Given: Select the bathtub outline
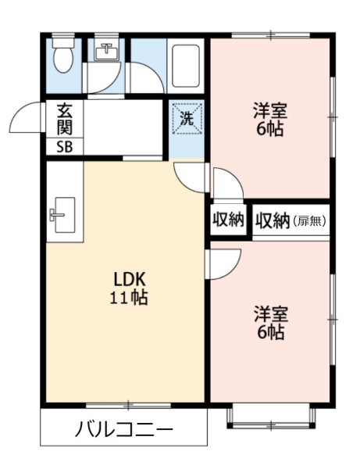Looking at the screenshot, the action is coord(186,66).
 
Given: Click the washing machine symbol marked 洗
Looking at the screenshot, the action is coord(187,119).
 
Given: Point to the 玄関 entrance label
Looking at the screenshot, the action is coord(65,119).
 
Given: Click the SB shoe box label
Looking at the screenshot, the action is coord(65,147).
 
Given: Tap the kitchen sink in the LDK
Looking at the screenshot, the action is coord(62,215).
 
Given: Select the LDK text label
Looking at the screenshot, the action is coord(129,280).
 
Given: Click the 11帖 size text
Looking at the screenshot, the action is coord(129,298).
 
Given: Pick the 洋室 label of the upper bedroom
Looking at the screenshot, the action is coord(270,110).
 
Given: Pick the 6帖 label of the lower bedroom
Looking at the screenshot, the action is coord(271,331).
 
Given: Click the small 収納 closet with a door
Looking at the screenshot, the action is coord(228,220).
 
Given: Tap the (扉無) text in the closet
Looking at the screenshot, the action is coord(309,220).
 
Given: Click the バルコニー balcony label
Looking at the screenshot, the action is coord(124,429).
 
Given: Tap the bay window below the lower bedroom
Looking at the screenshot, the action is coord(271,417).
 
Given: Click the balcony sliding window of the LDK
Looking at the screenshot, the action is coord(129,406).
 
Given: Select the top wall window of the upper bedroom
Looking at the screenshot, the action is coord(271,35).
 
